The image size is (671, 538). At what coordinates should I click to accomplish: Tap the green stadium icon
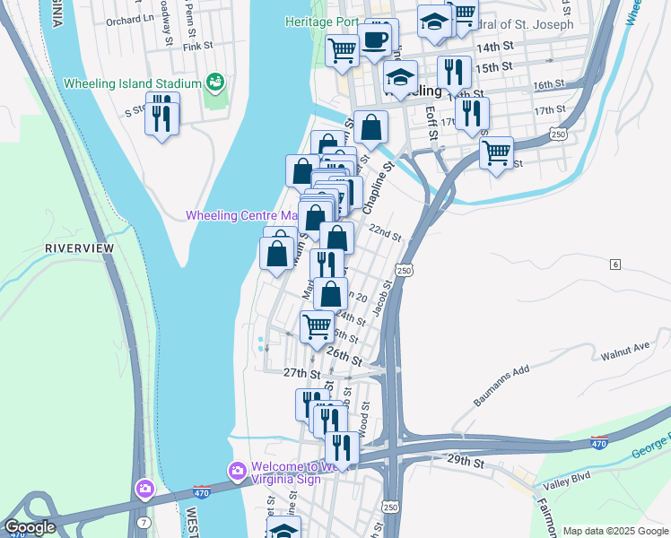point(214,83)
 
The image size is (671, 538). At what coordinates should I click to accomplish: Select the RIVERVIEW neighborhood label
point(80,247)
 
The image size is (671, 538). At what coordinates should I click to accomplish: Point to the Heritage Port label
point(321,22)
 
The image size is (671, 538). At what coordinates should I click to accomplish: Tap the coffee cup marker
point(374,40)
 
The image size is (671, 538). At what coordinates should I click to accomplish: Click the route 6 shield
point(615,264)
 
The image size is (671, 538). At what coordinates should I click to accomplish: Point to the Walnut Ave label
point(625,346)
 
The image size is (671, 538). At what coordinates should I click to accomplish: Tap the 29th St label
point(466,463)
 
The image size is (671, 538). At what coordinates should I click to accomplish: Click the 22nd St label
point(386,232)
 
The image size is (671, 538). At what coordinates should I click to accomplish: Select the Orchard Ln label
point(125,20)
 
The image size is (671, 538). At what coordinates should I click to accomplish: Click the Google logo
point(30,527)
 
